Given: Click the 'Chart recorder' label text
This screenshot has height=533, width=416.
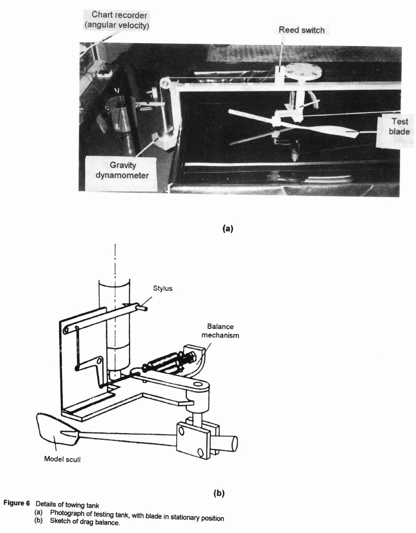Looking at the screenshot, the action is pyautogui.click(x=119, y=15).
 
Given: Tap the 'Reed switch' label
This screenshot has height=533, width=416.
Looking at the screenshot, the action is pyautogui.click(x=302, y=30).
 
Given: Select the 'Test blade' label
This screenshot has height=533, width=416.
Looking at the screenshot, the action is pyautogui.click(x=400, y=127).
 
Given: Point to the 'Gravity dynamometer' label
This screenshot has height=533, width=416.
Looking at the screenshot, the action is pyautogui.click(x=122, y=170).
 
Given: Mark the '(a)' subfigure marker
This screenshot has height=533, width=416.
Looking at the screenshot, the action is pyautogui.click(x=228, y=228).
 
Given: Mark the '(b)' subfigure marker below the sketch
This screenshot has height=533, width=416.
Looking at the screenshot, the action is pyautogui.click(x=219, y=493).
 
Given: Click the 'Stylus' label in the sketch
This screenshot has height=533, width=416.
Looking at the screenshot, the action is pyautogui.click(x=163, y=289).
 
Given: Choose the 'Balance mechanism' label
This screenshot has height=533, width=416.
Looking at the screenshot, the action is pyautogui.click(x=221, y=331).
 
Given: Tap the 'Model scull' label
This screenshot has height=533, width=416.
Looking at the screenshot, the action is pyautogui.click(x=63, y=459).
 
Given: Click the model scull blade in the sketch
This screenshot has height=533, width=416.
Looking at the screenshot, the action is pyautogui.click(x=57, y=430).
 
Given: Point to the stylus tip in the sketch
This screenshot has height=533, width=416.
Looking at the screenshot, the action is pyautogui.click(x=146, y=309).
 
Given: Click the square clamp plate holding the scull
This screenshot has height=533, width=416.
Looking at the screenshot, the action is pyautogui.click(x=194, y=440).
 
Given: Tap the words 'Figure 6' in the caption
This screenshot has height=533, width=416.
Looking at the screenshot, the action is pyautogui.click(x=16, y=503).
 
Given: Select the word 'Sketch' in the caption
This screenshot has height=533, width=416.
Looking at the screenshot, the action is pyautogui.click(x=60, y=521).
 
